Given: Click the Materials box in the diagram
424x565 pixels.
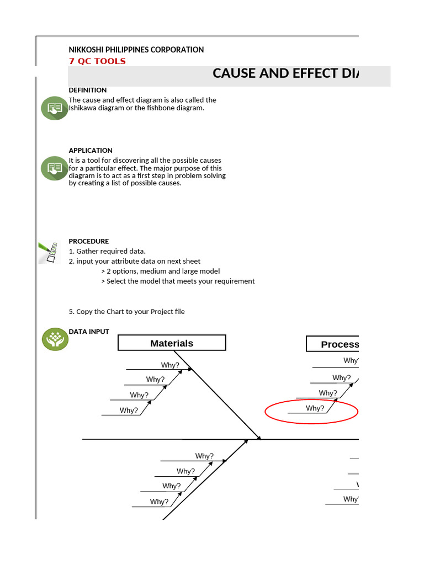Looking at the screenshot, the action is pyautogui.click(x=172, y=343).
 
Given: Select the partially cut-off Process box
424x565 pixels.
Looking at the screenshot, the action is pyautogui.click(x=333, y=344).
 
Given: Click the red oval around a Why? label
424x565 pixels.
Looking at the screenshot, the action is pyautogui.click(x=312, y=411).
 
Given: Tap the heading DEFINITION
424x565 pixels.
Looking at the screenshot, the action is pyautogui.click(x=87, y=90).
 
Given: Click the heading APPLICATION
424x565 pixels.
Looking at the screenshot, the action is pyautogui.click(x=90, y=150).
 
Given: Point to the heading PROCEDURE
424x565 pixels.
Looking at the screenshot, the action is pyautogui.click(x=88, y=241).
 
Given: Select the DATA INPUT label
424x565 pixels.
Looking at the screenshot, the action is pyautogui.click(x=88, y=332).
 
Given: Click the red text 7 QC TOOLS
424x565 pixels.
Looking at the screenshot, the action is pyautogui.click(x=97, y=61).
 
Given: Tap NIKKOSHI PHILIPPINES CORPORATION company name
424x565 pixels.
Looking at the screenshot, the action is pyautogui.click(x=136, y=50).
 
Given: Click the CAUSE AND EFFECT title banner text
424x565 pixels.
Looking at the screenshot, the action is pyautogui.click(x=285, y=73).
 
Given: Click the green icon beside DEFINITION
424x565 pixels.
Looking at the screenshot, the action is pyautogui.click(x=54, y=108).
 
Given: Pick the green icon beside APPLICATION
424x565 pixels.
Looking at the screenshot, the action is pyautogui.click(x=54, y=168).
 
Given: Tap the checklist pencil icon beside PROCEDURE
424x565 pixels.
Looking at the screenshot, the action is pyautogui.click(x=49, y=252).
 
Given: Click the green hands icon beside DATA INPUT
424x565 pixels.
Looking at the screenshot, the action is pyautogui.click(x=55, y=339).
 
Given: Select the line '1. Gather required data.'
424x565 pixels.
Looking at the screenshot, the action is pyautogui.click(x=107, y=251).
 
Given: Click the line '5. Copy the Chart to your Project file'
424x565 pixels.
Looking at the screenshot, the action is pyautogui.click(x=126, y=312).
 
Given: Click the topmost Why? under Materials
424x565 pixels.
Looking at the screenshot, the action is pyautogui.click(x=170, y=365).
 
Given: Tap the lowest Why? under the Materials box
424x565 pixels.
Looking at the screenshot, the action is pyautogui.click(x=129, y=411).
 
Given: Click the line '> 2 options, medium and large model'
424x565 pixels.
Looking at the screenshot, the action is pyautogui.click(x=161, y=271).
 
